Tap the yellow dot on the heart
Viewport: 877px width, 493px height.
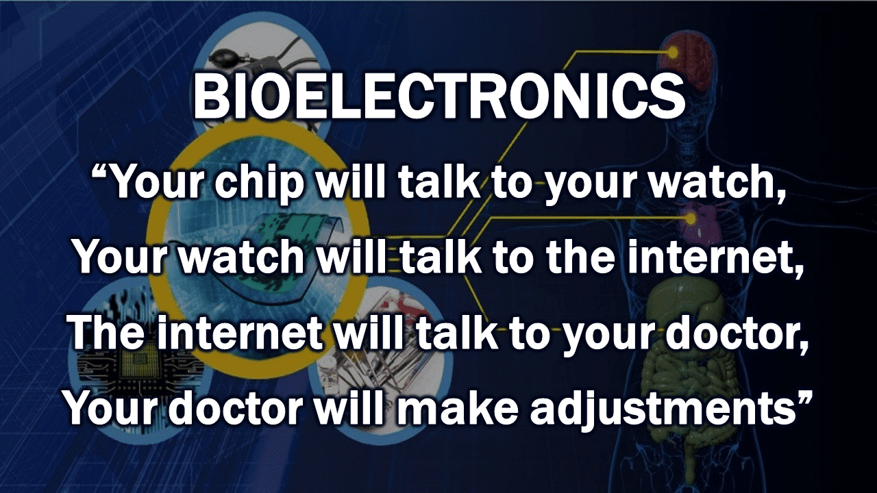691,218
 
